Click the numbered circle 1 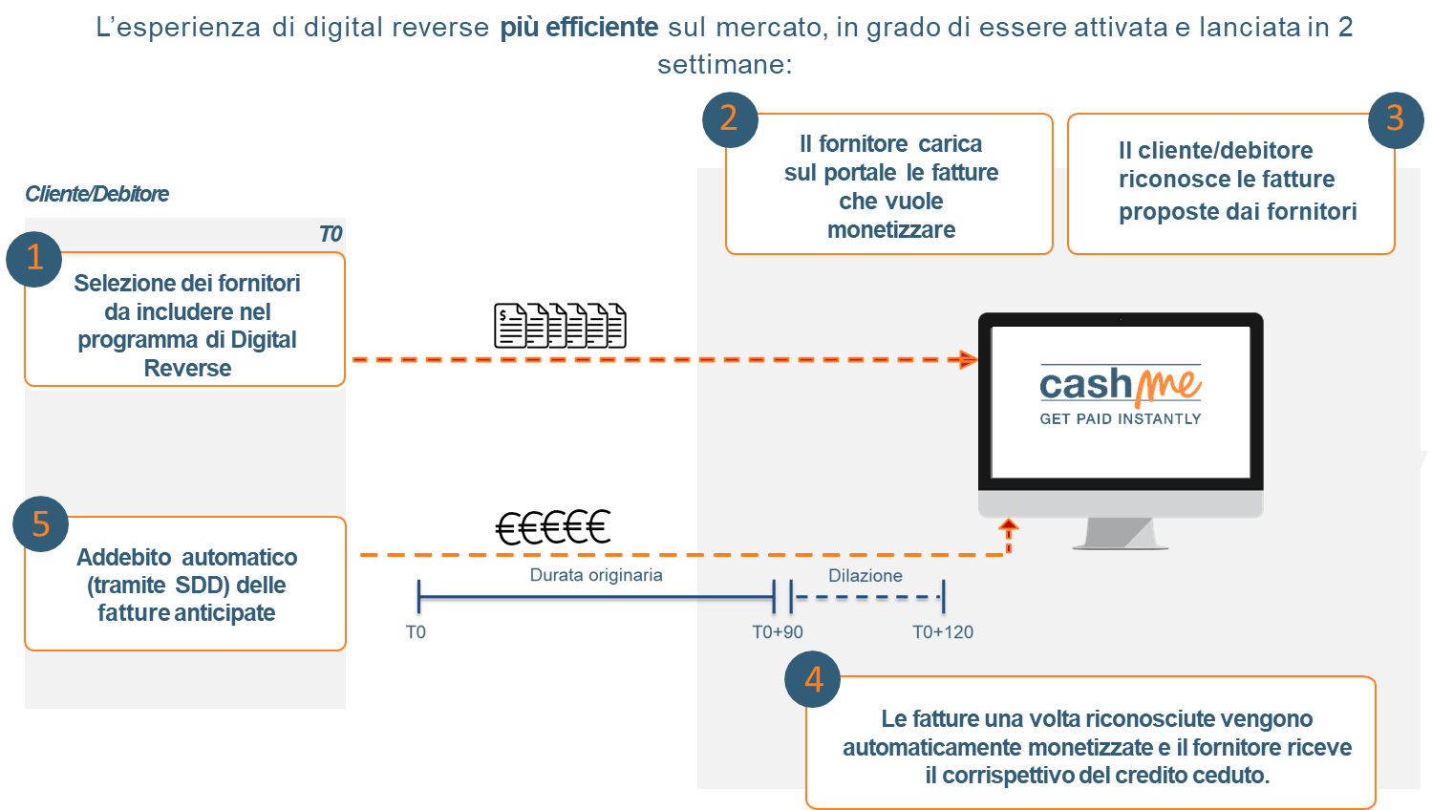point(33,259)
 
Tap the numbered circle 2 point(729,119)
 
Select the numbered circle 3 point(1395,119)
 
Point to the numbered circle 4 point(813,680)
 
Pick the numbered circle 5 point(40,523)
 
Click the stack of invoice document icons point(560,326)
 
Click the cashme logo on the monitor point(1120,385)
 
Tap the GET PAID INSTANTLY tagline point(1120,419)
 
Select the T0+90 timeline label point(778,632)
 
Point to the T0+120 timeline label point(943,632)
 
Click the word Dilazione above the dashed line point(866,576)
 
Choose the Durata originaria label point(596,575)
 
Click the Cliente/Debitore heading point(97,194)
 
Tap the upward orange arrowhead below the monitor point(1009,525)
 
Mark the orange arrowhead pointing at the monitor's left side point(969,360)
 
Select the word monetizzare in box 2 point(891,230)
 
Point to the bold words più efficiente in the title point(579,27)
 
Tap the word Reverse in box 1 point(187,369)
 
